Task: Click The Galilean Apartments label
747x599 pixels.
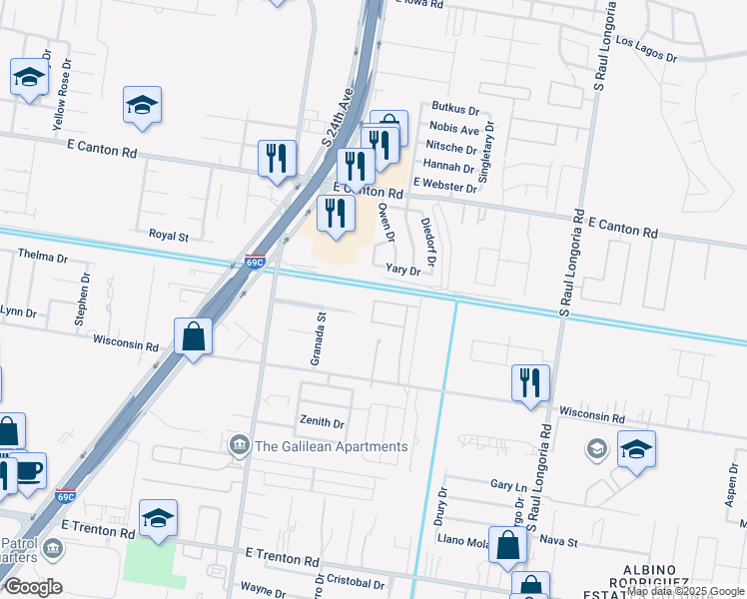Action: pos(332,446)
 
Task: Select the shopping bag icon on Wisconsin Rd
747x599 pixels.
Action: pos(193,336)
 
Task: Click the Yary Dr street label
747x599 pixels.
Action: pos(403,270)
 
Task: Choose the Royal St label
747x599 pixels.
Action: pos(169,237)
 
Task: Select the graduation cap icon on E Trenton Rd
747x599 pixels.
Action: pos(158,518)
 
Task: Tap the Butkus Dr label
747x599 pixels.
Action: pos(455,108)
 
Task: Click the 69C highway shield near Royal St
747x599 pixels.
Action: pos(255,263)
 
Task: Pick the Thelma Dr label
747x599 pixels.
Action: pos(42,257)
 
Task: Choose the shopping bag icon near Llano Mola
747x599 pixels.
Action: pos(508,545)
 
